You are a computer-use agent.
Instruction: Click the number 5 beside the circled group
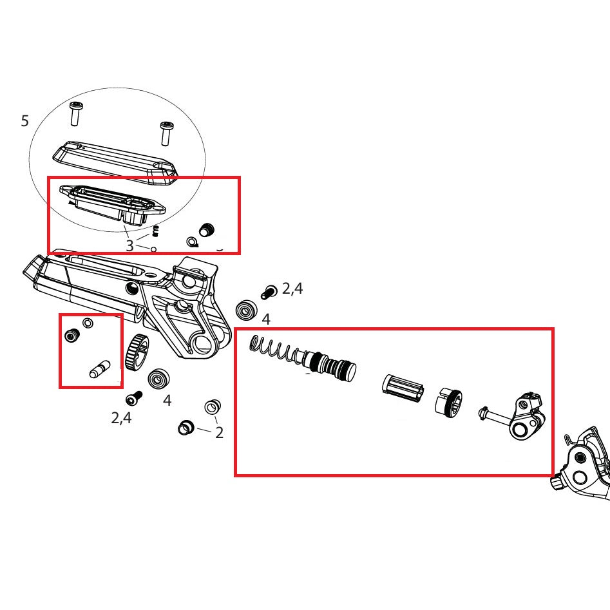tap(24, 120)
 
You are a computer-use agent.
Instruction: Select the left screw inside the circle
tap(76, 114)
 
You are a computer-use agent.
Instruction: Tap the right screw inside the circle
tap(166, 133)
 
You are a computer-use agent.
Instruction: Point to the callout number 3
tap(129, 245)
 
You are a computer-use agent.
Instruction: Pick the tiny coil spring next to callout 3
tap(155, 231)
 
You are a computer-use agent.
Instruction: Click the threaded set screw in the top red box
tap(207, 229)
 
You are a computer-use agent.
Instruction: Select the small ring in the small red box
tap(88, 322)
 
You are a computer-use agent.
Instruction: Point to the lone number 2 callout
tap(219, 433)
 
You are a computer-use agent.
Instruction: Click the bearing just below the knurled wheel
tap(157, 379)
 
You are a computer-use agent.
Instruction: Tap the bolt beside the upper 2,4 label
tap(269, 292)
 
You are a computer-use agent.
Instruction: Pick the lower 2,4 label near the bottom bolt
tap(121, 418)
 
